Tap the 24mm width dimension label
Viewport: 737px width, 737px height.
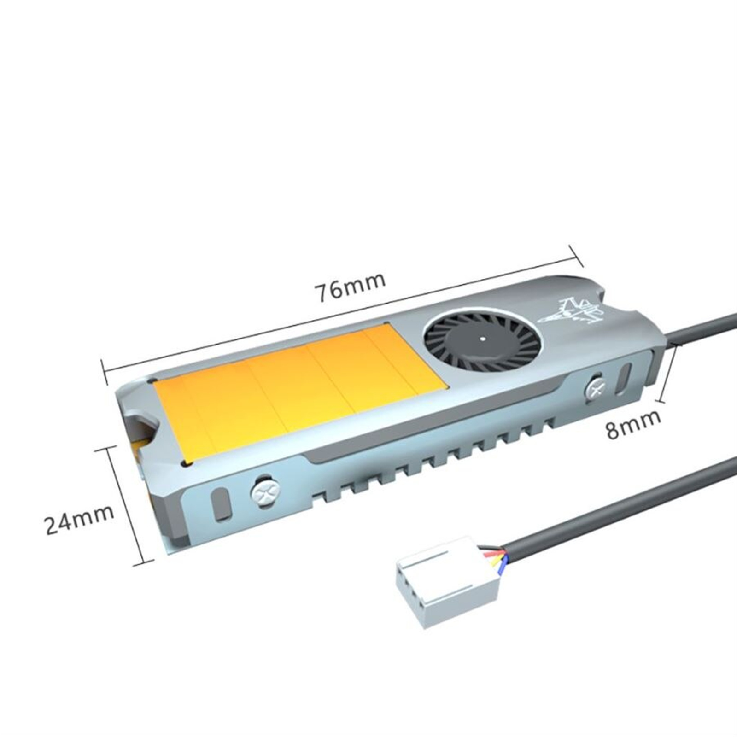click(x=79, y=519)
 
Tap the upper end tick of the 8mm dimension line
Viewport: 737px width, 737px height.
click(x=675, y=348)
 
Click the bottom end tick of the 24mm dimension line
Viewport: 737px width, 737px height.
click(x=143, y=563)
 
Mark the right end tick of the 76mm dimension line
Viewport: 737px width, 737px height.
click(x=577, y=256)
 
